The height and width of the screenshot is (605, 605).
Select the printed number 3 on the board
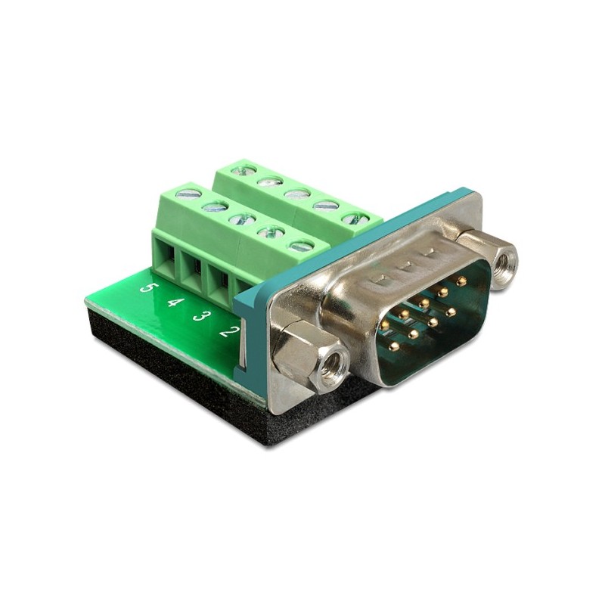200,317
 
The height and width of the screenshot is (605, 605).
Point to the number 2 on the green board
228,331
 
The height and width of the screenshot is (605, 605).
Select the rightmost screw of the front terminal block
302,247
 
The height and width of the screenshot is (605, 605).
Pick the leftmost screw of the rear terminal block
243,168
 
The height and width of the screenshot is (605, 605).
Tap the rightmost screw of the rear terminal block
353,219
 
